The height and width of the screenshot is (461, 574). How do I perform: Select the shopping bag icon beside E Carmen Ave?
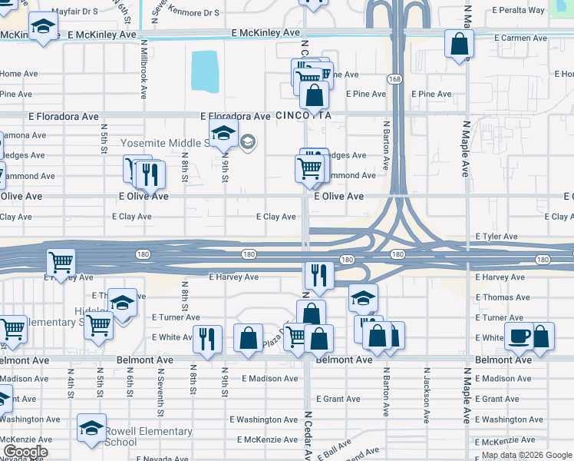(459, 45)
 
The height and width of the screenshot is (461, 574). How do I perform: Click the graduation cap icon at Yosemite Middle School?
(223, 134)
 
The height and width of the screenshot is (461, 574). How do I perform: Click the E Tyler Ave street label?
(499, 237)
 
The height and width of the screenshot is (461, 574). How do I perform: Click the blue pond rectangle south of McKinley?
(204, 71)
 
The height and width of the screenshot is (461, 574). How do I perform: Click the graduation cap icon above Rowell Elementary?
(91, 427)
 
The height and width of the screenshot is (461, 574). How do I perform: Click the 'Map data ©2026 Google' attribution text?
(526, 455)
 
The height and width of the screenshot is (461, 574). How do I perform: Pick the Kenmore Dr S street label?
(195, 13)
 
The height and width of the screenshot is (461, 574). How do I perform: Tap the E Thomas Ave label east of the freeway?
(500, 297)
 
